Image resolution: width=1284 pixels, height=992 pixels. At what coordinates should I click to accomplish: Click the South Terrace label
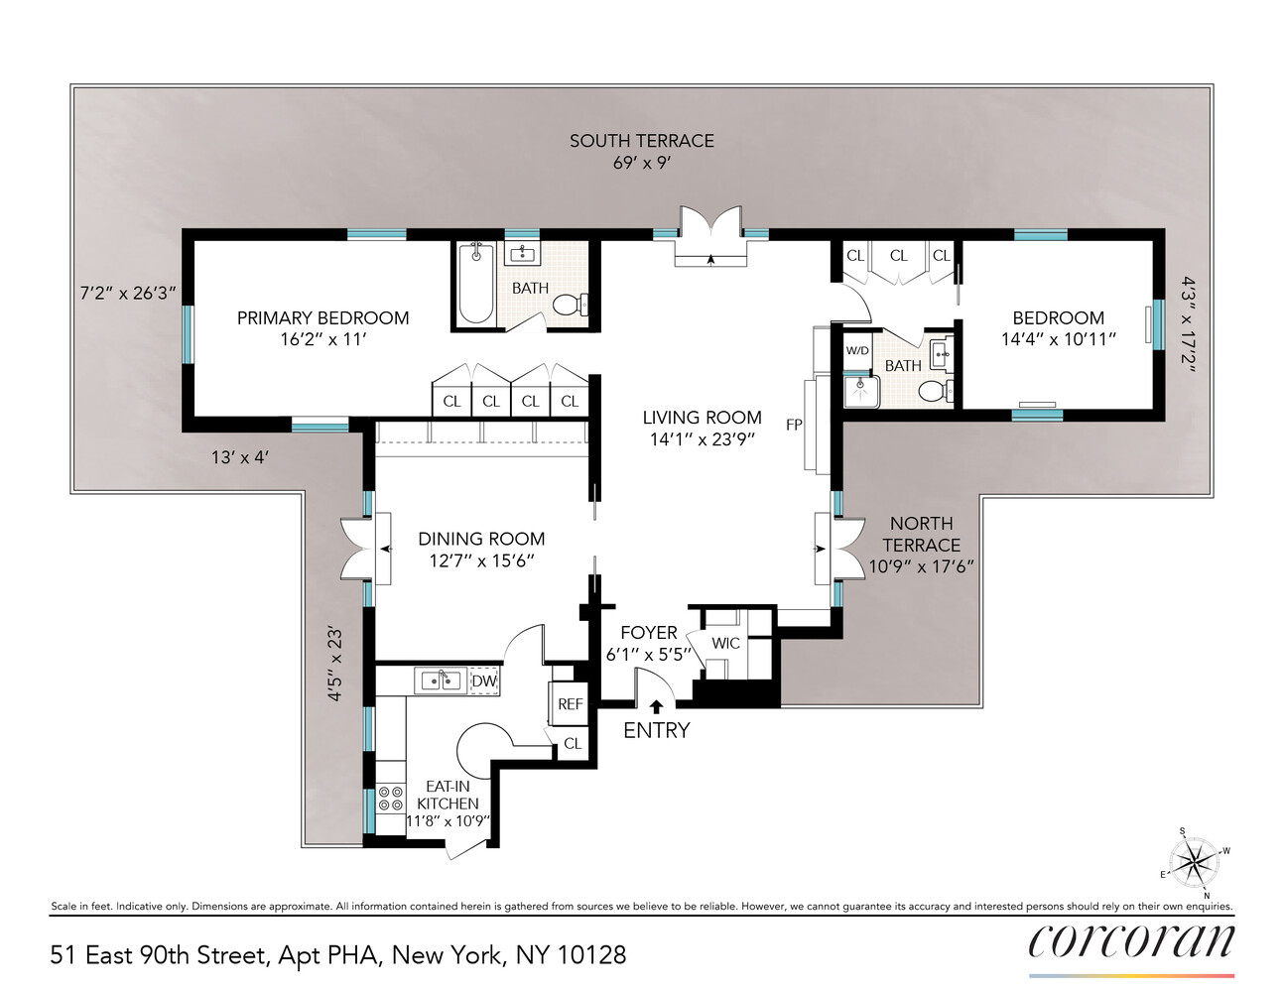[641, 141]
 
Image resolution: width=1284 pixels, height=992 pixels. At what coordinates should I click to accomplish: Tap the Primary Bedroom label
[322, 317]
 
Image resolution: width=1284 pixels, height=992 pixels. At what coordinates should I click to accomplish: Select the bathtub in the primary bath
[476, 285]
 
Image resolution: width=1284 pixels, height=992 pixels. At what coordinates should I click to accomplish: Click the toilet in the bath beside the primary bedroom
[571, 304]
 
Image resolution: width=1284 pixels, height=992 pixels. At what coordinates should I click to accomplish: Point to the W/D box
[857, 351]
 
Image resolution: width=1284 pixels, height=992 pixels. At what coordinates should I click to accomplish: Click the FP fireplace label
[794, 425]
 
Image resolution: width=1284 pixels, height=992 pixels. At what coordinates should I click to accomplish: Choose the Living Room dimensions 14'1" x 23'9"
[702, 439]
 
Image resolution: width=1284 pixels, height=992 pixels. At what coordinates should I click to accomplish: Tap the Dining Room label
[481, 539]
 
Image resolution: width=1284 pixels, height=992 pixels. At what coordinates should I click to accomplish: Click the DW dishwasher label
[483, 682]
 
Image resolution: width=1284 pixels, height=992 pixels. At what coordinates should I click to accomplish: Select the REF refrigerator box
[570, 704]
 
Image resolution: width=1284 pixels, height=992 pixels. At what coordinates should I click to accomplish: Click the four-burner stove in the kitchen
[391, 800]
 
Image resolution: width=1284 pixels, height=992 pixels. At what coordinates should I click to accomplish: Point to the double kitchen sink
[441, 681]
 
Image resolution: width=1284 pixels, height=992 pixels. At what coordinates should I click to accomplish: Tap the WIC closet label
[725, 643]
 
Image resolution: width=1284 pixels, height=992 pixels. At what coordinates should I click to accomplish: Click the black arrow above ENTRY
[656, 706]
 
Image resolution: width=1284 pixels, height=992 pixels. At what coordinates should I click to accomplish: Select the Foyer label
[649, 633]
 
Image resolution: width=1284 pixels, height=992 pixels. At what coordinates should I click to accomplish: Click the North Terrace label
[921, 534]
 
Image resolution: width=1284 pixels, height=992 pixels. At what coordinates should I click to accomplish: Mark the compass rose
[1195, 860]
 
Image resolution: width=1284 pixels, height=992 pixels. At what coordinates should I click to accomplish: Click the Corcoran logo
[1131, 941]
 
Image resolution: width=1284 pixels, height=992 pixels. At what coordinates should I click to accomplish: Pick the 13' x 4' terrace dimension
[240, 457]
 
